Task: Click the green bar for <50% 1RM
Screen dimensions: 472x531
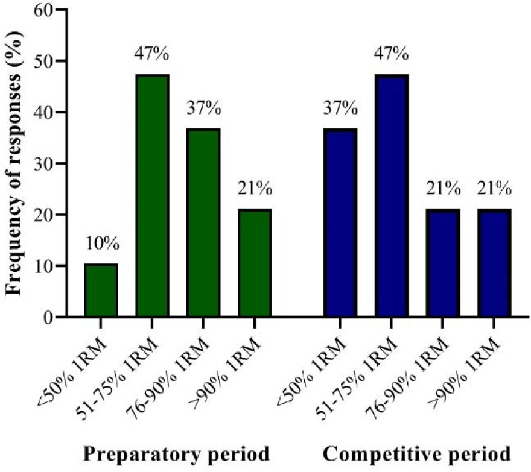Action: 101,291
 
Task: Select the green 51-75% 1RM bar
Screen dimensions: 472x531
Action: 152,196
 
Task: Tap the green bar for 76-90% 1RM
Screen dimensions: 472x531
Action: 203,222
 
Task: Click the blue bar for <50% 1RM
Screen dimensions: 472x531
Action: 340,222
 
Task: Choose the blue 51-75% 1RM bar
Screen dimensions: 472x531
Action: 392,196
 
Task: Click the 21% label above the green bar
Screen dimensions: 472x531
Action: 255,189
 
